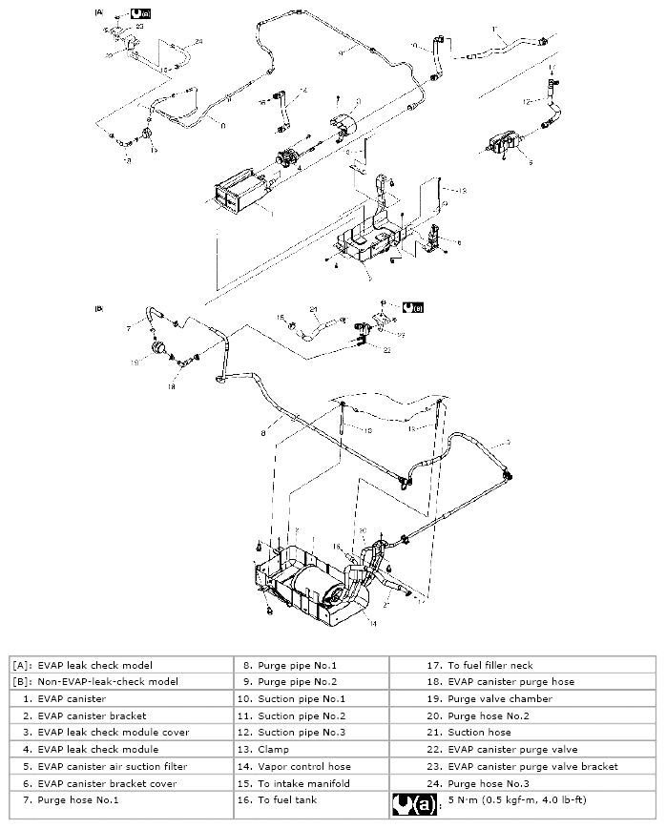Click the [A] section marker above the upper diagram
point(98,13)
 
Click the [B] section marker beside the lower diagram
point(98,308)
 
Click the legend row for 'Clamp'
point(274,749)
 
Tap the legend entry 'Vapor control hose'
point(304,766)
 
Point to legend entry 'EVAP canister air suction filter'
point(105,766)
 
